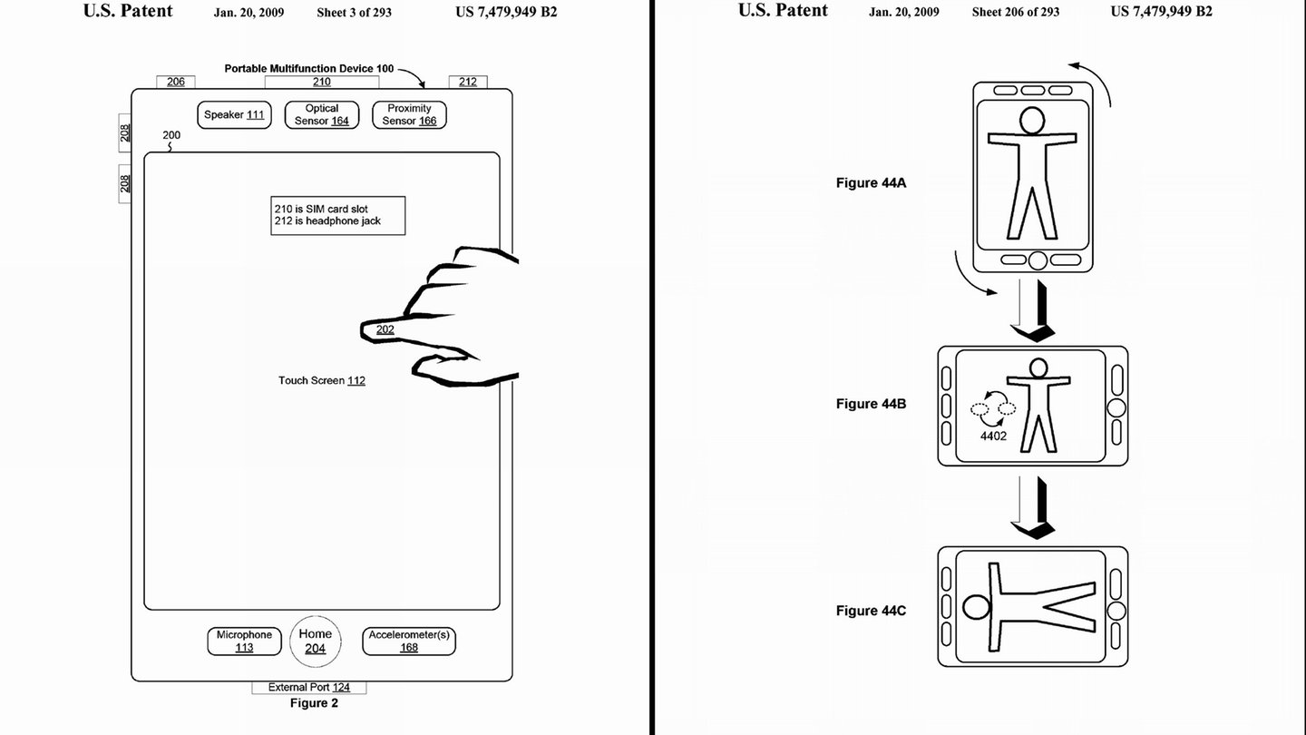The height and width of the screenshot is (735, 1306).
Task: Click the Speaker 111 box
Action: click(x=234, y=115)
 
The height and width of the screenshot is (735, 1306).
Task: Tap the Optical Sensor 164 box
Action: click(x=322, y=115)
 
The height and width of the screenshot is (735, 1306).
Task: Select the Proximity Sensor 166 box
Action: click(x=409, y=115)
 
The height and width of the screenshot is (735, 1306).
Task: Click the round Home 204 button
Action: click(x=316, y=641)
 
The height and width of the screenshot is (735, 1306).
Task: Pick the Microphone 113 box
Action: click(x=244, y=641)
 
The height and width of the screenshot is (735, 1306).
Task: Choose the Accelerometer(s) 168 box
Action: click(x=409, y=641)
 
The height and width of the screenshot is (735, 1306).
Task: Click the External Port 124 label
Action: click(x=309, y=687)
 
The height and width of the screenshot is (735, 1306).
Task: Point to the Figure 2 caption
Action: click(x=314, y=703)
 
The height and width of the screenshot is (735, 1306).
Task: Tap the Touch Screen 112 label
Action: click(x=321, y=380)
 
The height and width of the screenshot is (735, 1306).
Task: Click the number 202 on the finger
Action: click(x=385, y=329)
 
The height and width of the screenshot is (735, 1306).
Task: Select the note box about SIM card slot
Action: click(x=337, y=216)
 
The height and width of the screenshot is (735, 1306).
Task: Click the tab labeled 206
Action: click(x=176, y=82)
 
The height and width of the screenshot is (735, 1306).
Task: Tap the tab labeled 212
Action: click(x=468, y=82)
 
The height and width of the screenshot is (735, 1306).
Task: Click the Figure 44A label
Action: click(x=871, y=182)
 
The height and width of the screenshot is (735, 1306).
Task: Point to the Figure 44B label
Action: click(x=871, y=404)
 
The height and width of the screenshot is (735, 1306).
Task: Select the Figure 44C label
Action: click(x=871, y=611)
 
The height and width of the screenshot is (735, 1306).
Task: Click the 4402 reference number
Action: click(x=993, y=436)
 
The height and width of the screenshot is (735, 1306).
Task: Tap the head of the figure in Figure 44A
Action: click(x=1032, y=121)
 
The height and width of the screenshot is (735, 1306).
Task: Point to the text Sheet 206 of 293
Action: click(x=1016, y=12)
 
